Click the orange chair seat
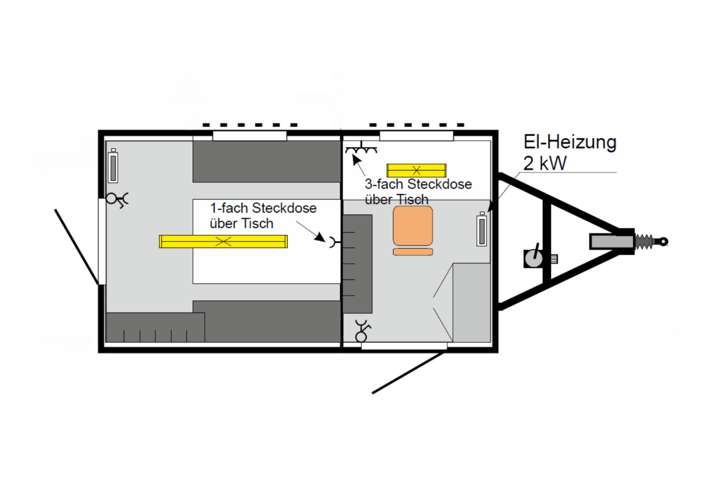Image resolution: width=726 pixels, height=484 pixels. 413,225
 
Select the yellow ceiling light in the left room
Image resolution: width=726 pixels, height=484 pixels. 223,241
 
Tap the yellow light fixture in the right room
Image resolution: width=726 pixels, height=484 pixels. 416,170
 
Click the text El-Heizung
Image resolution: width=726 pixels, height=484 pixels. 569,142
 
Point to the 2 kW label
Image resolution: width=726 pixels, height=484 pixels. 545,163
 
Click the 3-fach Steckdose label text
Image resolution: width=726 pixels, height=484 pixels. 418,185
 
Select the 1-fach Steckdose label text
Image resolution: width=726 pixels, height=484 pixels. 263,209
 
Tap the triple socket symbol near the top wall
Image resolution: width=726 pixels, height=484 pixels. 361,149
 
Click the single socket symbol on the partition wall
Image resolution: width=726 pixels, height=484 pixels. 333,241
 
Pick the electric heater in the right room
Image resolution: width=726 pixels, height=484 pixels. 481,230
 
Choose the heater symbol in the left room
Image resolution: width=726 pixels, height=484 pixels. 113,167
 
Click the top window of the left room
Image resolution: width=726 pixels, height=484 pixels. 249,135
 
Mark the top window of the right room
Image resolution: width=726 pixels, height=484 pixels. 416,135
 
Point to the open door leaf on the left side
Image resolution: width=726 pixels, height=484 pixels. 77,246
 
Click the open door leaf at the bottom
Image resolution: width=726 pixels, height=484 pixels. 410,372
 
